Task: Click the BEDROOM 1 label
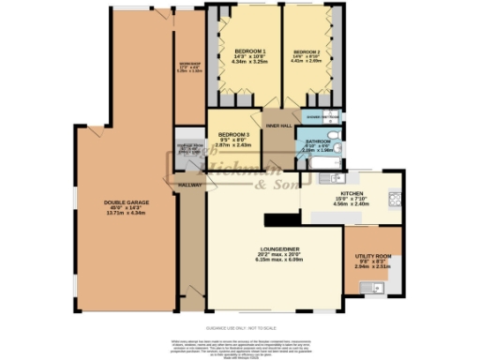(250, 50)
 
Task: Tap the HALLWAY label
(190, 186)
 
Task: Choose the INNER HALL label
(279, 125)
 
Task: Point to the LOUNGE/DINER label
(280, 249)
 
